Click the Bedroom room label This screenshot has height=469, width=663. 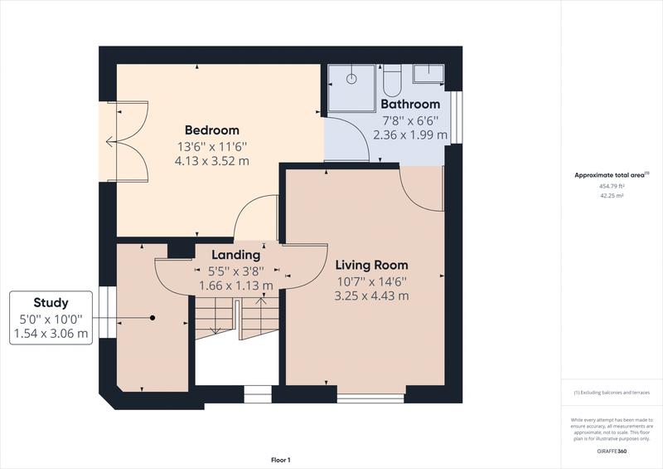(211, 130)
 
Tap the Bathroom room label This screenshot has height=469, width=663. (409, 105)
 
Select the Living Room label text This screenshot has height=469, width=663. (371, 266)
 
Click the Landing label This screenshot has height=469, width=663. (236, 255)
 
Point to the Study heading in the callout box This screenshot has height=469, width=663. (51, 303)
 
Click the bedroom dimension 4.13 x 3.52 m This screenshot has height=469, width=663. (211, 161)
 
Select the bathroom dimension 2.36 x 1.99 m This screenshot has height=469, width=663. (409, 134)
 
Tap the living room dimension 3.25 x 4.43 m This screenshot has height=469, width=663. (371, 296)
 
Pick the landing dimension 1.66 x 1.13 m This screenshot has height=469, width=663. (236, 285)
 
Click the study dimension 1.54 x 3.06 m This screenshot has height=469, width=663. (51, 333)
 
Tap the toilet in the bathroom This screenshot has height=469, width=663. (393, 81)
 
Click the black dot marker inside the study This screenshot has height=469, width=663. (153, 318)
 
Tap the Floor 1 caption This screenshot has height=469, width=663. (281, 459)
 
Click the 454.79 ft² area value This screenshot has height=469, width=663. (612, 187)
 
